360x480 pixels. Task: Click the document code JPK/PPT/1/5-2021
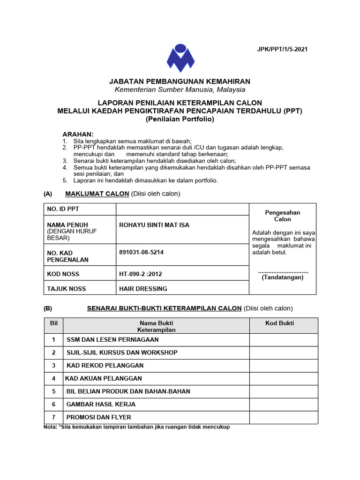pyautogui.click(x=282, y=49)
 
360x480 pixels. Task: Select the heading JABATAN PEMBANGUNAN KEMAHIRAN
pyautogui.click(x=180, y=82)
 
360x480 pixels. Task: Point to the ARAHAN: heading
pyautogui.click(x=78, y=134)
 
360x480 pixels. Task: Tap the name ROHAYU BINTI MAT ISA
pyautogui.click(x=154, y=225)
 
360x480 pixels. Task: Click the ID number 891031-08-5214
pyautogui.click(x=142, y=252)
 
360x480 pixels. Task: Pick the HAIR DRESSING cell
pyautogui.click(x=143, y=289)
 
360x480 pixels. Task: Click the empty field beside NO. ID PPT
pyautogui.click(x=182, y=209)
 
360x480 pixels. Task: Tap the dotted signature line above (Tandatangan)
pyautogui.click(x=283, y=271)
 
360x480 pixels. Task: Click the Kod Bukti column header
pyautogui.click(x=280, y=323)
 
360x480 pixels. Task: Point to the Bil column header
pyautogui.click(x=53, y=323)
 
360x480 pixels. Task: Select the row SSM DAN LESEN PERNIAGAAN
pyautogui.click(x=112, y=339)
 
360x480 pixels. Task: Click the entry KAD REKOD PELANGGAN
pyautogui.click(x=105, y=365)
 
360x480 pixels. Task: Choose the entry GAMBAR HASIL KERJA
pyautogui.click(x=108, y=404)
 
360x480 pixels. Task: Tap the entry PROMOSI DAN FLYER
pyautogui.click(x=99, y=417)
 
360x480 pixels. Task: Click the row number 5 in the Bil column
pyautogui.click(x=54, y=391)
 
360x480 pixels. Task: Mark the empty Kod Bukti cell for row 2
pyautogui.click(x=283, y=352)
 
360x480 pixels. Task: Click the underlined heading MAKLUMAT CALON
pyautogui.click(x=97, y=194)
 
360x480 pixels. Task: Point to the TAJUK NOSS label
pyautogui.click(x=66, y=289)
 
